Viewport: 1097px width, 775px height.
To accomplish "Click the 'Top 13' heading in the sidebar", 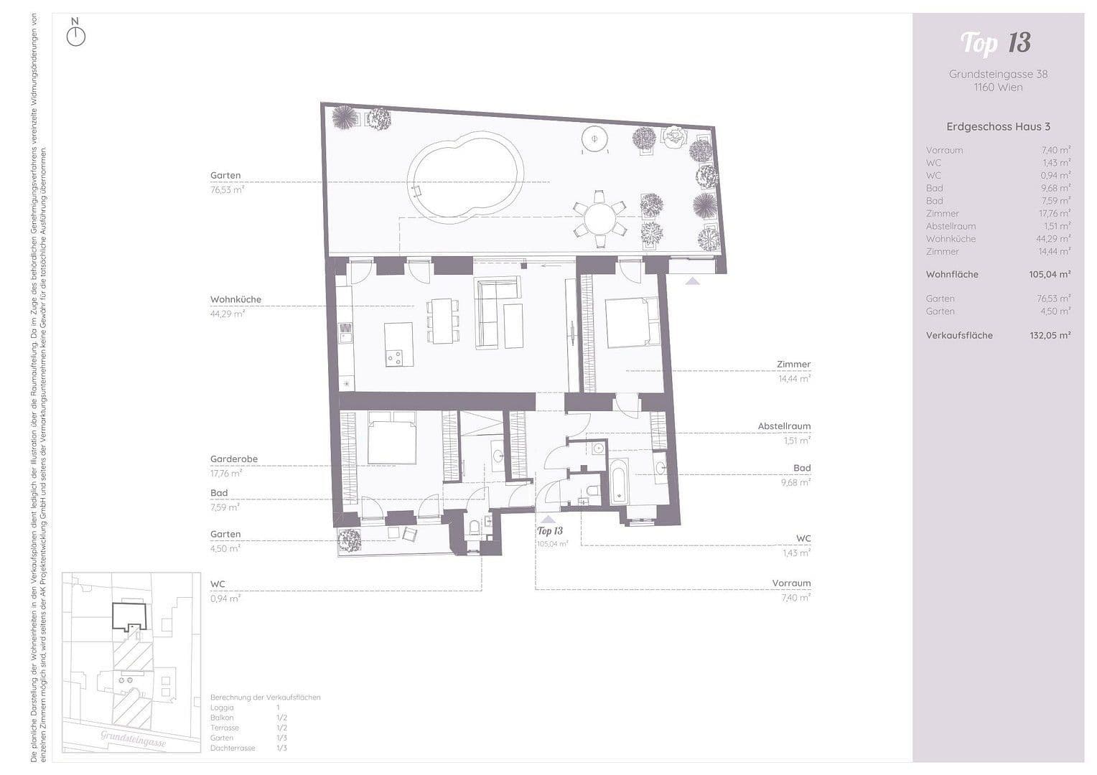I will [x=996, y=43].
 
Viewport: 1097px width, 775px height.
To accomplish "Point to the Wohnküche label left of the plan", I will [x=235, y=299].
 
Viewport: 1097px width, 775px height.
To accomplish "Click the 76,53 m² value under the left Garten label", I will [x=227, y=190].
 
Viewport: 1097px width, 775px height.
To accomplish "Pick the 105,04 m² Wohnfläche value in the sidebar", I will [x=1050, y=274].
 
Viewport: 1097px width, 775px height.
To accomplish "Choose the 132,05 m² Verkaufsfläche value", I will [x=1050, y=335].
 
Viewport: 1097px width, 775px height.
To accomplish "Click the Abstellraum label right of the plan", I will [x=784, y=426].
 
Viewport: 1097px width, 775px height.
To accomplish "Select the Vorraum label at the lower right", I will [x=791, y=583].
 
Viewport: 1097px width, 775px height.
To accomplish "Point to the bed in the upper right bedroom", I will [x=632, y=321].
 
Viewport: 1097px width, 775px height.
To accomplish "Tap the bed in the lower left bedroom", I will [x=391, y=438].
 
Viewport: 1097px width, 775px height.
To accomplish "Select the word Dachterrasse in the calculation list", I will [x=233, y=748].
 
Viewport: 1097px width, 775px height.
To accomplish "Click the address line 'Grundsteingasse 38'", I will [x=998, y=74].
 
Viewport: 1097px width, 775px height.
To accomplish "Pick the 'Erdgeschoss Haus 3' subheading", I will [x=998, y=126].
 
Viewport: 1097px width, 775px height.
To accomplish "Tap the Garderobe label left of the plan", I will [x=233, y=459].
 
